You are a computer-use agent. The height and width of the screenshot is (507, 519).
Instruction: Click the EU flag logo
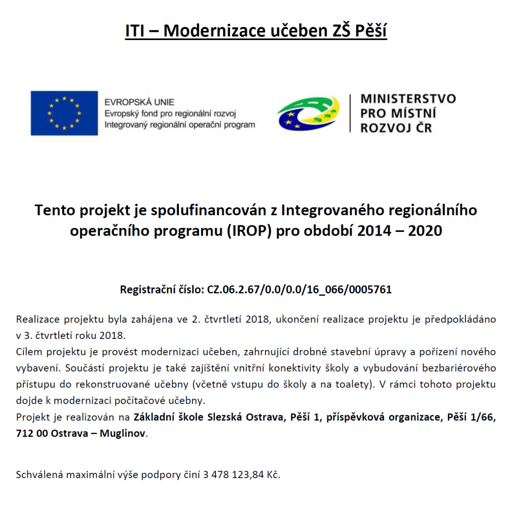(x=64, y=113)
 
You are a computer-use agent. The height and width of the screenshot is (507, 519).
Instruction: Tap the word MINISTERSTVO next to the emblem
(x=408, y=99)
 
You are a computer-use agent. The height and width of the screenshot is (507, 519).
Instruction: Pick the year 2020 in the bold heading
(x=425, y=231)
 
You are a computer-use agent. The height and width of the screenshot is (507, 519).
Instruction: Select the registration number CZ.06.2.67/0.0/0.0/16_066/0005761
(x=300, y=290)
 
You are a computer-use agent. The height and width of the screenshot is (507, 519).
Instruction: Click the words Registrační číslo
(x=162, y=290)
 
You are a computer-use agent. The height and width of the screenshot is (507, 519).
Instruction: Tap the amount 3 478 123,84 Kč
(x=241, y=475)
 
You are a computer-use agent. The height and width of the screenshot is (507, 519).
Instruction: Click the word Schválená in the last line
(x=38, y=475)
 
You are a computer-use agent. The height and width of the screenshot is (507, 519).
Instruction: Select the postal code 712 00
(x=31, y=434)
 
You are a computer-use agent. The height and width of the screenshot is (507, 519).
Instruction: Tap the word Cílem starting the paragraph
(x=28, y=352)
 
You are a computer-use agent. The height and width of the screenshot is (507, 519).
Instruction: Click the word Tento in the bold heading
(x=53, y=210)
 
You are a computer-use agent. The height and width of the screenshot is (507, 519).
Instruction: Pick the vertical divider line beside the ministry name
(x=350, y=113)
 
